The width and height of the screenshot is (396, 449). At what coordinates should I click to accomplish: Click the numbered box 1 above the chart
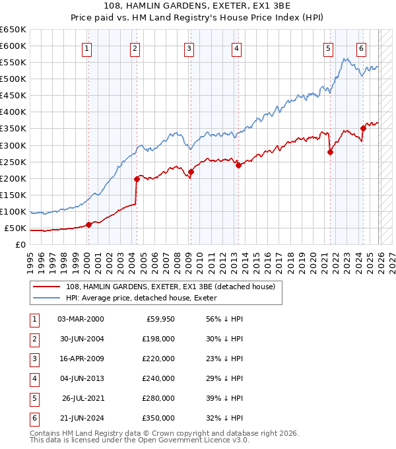(x=88, y=48)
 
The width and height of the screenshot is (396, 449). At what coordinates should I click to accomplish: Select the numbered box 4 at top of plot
(x=236, y=48)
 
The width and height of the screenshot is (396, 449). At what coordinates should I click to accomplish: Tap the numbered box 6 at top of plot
(x=362, y=48)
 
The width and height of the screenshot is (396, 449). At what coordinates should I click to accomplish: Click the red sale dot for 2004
(x=137, y=178)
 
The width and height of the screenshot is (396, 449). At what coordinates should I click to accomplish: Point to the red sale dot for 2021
(x=331, y=152)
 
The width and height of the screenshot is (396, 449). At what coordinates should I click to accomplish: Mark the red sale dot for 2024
(x=363, y=128)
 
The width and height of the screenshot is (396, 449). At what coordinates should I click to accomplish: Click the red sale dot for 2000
(x=88, y=224)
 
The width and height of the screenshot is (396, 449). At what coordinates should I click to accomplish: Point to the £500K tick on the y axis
(x=13, y=79)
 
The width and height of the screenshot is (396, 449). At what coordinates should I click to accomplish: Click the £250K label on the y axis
(x=13, y=162)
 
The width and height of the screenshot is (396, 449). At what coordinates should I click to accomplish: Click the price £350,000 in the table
(x=158, y=418)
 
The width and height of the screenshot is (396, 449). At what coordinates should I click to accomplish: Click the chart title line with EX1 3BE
(x=198, y=7)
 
